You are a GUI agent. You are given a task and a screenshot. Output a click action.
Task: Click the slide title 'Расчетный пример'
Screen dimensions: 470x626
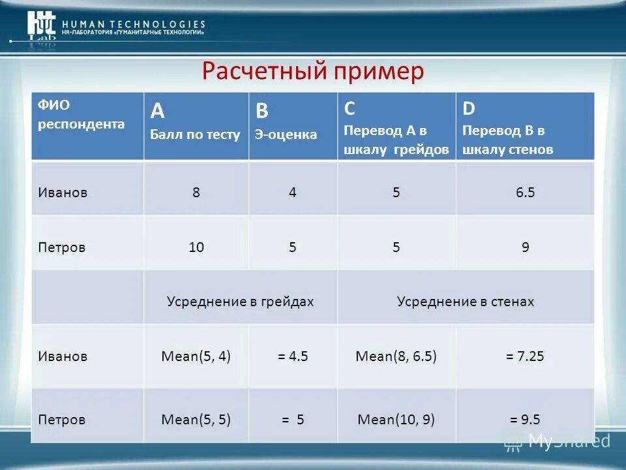point(312,70)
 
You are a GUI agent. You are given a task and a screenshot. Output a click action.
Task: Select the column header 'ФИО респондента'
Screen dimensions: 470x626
point(81,115)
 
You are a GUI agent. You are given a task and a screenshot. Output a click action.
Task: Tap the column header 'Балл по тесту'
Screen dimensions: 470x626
point(195,134)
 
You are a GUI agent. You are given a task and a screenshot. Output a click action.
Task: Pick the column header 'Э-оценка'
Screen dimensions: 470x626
point(286,134)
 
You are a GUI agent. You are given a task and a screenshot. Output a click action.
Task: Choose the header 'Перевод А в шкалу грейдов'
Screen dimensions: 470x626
point(396,140)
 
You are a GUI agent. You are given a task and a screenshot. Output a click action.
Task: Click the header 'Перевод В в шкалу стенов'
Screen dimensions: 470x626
point(507,140)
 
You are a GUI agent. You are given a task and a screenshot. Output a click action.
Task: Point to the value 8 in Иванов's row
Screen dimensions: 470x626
point(196,193)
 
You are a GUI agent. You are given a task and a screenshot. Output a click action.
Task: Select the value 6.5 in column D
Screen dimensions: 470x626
point(525,193)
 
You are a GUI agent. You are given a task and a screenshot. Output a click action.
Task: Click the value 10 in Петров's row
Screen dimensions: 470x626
point(196,247)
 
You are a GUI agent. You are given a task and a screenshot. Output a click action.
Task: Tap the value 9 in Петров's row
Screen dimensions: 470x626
point(525,247)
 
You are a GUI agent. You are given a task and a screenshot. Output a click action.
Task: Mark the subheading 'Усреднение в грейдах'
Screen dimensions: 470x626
point(240,302)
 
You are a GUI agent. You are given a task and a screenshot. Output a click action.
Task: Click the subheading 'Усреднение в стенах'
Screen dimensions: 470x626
point(466,302)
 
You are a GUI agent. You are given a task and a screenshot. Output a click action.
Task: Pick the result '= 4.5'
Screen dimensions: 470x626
point(292,356)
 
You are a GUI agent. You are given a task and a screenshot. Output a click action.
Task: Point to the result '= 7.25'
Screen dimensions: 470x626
point(525,356)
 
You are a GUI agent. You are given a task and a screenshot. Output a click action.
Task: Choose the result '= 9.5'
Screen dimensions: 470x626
point(525,419)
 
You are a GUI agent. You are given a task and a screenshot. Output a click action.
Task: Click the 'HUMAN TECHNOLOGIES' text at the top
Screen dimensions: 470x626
point(134,24)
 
